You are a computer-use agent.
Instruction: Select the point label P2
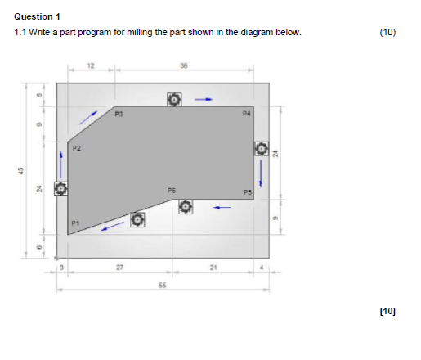76,148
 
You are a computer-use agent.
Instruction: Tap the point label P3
119,114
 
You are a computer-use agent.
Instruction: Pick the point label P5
248,191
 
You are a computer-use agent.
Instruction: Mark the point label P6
172,189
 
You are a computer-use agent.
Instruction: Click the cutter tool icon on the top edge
174,100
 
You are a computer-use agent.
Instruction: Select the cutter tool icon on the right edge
261,149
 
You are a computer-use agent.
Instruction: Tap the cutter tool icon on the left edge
60,189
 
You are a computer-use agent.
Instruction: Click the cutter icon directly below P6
186,207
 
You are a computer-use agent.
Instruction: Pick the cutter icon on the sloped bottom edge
137,219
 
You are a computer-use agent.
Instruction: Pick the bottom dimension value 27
119,267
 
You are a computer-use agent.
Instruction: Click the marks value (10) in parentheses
387,33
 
